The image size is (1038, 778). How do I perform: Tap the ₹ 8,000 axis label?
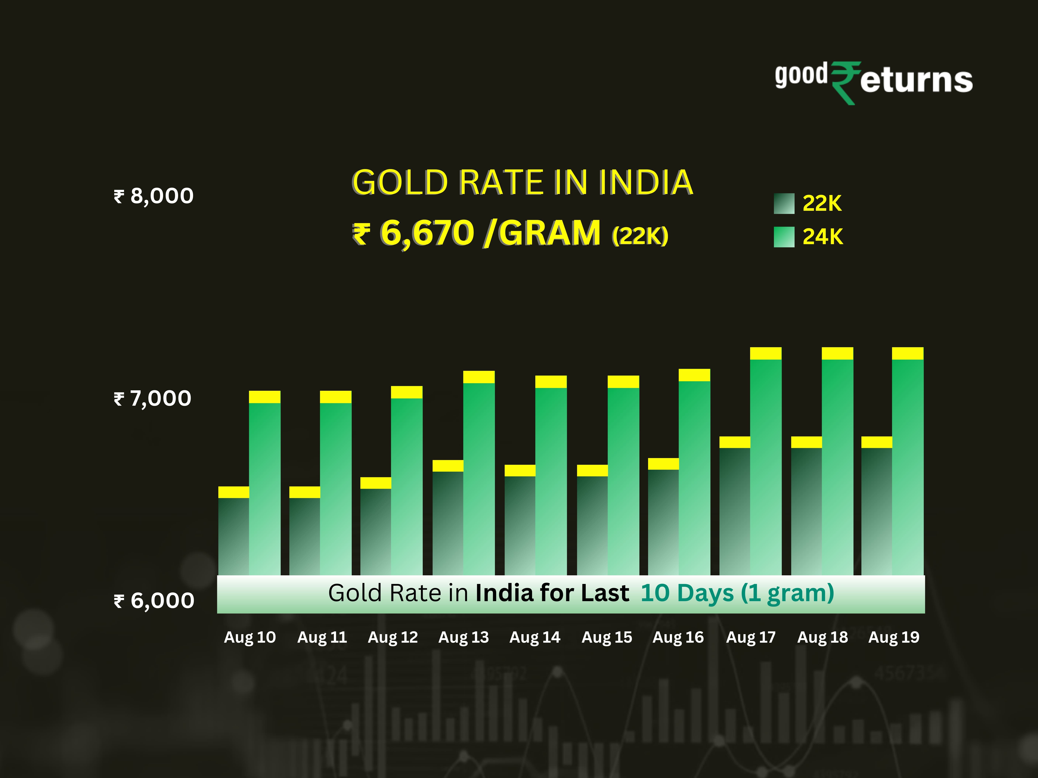coord(154,196)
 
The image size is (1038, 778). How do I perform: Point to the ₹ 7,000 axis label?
coord(152,399)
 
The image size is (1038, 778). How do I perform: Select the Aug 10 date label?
coord(250,637)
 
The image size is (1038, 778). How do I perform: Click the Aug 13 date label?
coord(464,637)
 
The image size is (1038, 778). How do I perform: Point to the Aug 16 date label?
coord(678,637)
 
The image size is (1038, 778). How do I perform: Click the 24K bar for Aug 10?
coord(265,488)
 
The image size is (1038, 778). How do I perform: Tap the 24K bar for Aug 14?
coord(551,478)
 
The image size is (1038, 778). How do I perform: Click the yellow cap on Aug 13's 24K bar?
coord(479,377)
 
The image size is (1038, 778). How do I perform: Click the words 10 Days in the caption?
coord(687,593)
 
